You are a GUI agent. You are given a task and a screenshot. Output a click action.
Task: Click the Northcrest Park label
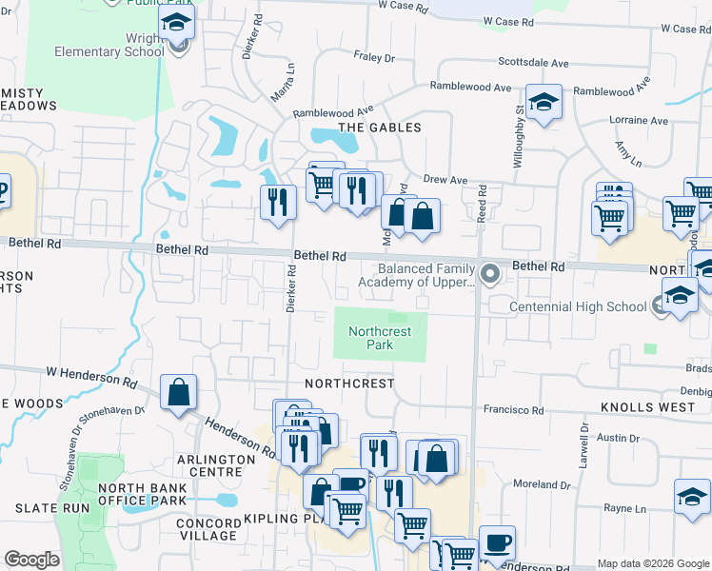click(x=380, y=339)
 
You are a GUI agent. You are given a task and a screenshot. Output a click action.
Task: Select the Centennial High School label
click(x=578, y=306)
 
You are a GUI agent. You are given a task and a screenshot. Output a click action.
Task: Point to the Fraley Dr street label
click(x=374, y=58)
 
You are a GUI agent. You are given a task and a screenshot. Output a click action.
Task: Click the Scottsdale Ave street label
click(x=534, y=62)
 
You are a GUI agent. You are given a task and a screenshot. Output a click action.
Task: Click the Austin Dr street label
click(x=619, y=438)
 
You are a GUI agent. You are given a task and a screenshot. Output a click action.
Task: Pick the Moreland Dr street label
click(x=542, y=484)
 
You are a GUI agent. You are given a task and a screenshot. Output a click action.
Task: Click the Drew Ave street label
click(x=445, y=179)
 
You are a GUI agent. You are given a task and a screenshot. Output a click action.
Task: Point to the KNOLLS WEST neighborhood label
click(x=642, y=407)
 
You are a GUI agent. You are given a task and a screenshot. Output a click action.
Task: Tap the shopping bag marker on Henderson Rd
click(x=178, y=392)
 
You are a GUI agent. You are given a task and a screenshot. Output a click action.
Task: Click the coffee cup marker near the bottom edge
click(x=497, y=543)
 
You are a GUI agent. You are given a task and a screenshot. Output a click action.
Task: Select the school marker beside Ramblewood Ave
click(x=544, y=102)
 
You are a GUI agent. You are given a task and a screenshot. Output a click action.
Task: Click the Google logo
click(x=31, y=560)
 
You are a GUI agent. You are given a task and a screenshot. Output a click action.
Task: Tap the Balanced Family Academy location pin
click(x=490, y=274)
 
